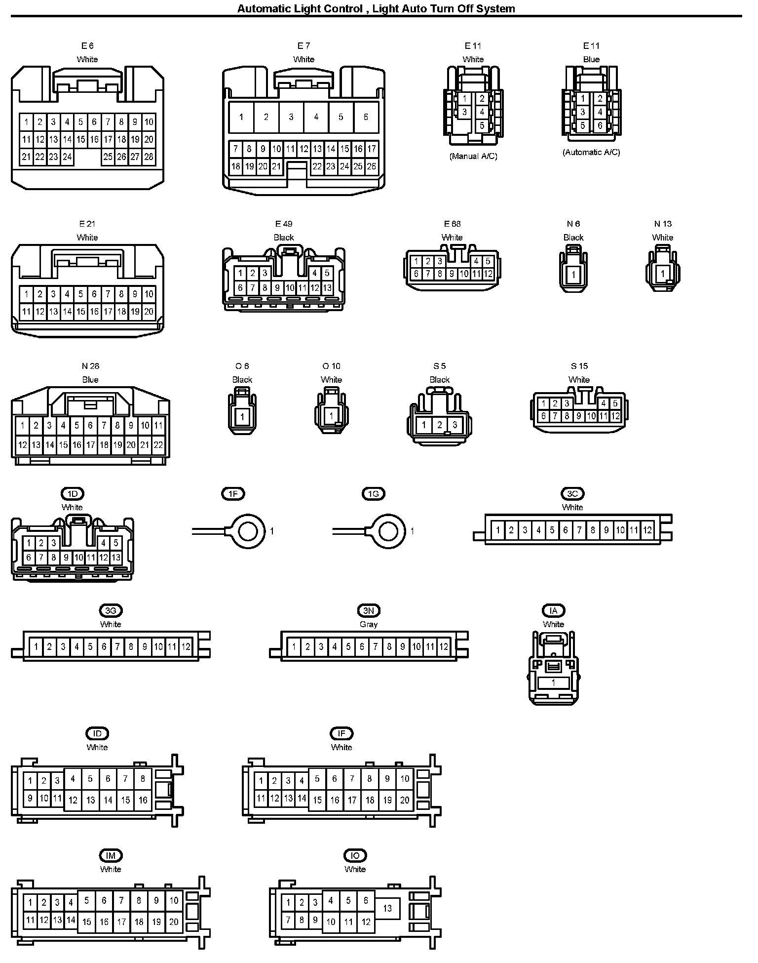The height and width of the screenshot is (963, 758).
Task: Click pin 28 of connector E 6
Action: coord(149,157)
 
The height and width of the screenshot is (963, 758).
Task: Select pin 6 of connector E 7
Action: coord(366,117)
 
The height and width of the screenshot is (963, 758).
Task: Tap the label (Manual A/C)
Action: coord(473,156)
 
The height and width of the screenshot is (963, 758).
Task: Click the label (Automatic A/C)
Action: coord(591,152)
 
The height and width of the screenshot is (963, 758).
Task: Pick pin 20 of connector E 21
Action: coord(149,312)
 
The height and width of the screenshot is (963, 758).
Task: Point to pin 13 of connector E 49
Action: coord(327,287)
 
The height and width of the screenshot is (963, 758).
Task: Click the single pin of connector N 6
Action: coord(573,275)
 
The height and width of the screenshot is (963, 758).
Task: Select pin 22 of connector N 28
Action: coord(158,445)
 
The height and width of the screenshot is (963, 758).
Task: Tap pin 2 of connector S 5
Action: coord(439,425)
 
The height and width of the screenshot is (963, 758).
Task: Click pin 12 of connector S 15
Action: coord(615,416)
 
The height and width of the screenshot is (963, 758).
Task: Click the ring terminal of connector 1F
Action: coord(248,531)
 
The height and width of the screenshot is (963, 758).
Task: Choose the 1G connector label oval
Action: coord(374,493)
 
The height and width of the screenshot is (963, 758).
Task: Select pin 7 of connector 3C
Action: coord(579,530)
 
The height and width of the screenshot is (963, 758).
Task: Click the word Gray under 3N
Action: coord(369,624)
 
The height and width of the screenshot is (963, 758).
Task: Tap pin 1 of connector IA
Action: coord(553,683)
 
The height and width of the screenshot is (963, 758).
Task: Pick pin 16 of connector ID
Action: coord(143,800)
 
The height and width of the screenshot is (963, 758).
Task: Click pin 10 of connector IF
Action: coord(405,779)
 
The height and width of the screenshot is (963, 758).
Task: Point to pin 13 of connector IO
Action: coord(387,908)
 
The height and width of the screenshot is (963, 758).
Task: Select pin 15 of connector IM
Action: coord(86,922)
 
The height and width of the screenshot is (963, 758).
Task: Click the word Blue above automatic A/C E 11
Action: coord(591,59)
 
